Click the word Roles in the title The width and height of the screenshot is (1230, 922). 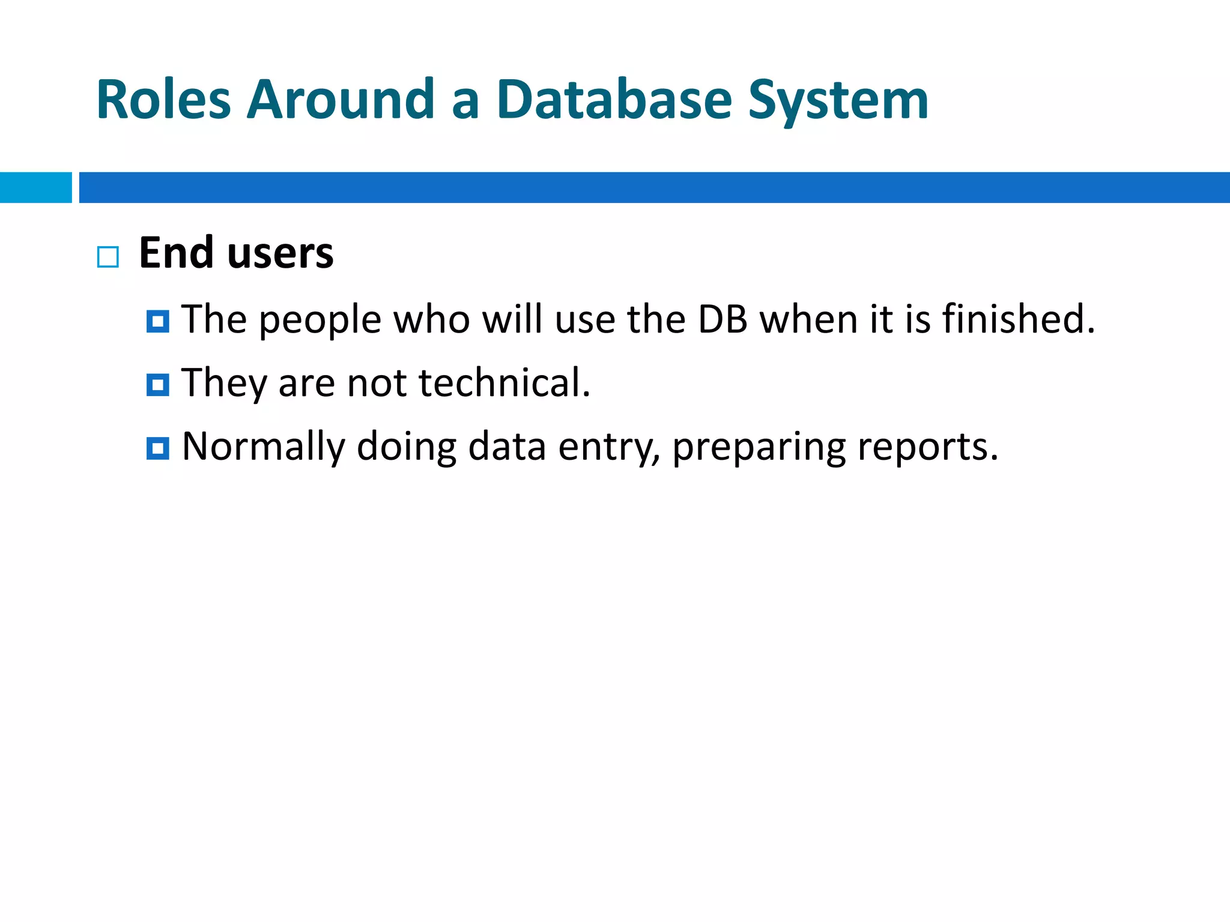163,100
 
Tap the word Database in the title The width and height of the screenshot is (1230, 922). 614,100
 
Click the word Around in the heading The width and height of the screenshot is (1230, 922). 341,100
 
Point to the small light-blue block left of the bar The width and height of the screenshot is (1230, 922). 35,187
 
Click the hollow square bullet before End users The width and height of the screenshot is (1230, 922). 108,257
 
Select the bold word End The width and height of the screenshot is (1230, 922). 176,253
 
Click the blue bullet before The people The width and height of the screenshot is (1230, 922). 157,322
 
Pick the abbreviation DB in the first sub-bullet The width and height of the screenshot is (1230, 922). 723,319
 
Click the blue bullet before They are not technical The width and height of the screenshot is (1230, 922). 157,385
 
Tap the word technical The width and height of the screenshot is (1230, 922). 504,382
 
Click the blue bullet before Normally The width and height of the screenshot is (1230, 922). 157,448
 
